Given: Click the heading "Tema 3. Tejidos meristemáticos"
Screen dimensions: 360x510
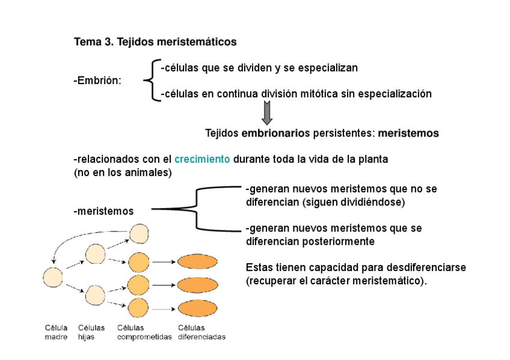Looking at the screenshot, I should [155, 42].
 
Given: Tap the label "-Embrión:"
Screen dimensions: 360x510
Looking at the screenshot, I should [97, 81].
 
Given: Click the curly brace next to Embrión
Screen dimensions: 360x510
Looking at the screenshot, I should [150, 81].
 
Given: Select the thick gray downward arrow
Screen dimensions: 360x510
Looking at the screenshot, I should [267, 112].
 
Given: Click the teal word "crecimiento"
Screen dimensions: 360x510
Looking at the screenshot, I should [202, 160].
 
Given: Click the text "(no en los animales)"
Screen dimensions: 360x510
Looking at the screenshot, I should [123, 172].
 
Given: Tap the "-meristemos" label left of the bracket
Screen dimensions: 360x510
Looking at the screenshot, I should [103, 211].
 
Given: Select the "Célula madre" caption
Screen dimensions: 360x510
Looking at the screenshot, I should [56, 332].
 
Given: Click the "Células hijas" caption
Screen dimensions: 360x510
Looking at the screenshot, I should [91, 332].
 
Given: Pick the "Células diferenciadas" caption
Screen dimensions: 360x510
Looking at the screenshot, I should [202, 332].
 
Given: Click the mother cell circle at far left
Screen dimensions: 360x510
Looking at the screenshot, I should [53, 277].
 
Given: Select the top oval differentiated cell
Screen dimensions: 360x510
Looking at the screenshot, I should [198, 261].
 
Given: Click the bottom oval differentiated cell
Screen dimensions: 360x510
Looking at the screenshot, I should [198, 308].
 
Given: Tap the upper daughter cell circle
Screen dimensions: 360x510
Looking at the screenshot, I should [96, 254].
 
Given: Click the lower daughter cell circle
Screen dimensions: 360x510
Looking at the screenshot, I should [96, 294].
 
